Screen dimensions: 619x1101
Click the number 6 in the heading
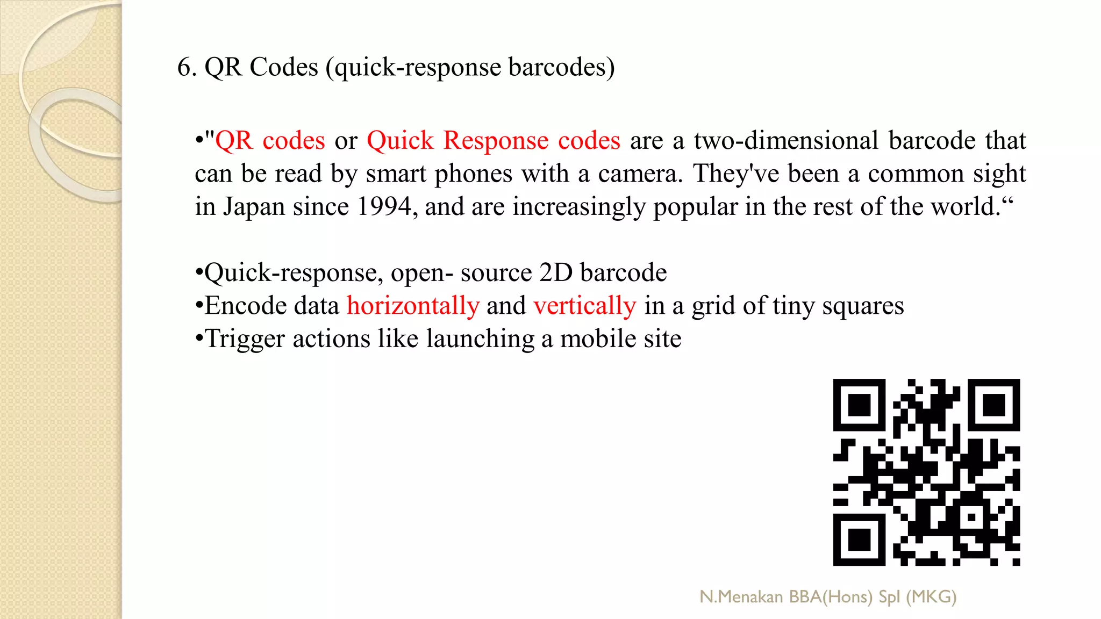[184, 68]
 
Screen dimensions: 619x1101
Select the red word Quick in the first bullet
[400, 141]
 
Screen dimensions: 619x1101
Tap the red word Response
[496, 141]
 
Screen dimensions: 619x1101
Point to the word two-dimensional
[786, 141]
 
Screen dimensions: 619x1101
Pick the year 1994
[384, 207]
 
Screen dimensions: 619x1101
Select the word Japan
[254, 207]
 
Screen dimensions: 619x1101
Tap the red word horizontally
[412, 306]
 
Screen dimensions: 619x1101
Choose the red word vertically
[584, 306]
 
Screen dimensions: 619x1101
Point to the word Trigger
[245, 339]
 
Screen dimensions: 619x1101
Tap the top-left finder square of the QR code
[859, 405]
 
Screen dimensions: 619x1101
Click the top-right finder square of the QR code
[994, 405]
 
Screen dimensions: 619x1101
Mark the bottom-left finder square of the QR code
[859, 539]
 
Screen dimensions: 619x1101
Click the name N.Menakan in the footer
[741, 597]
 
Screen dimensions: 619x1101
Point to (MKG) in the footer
[931, 597]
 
